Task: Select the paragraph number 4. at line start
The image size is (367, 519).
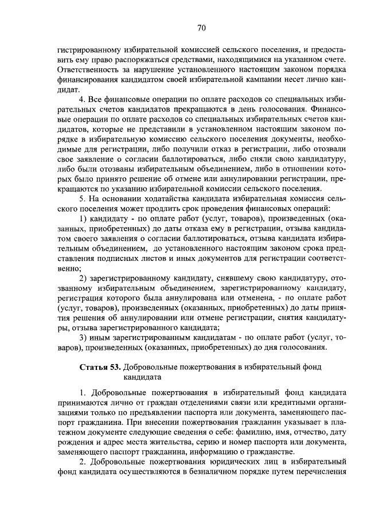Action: point(81,102)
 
